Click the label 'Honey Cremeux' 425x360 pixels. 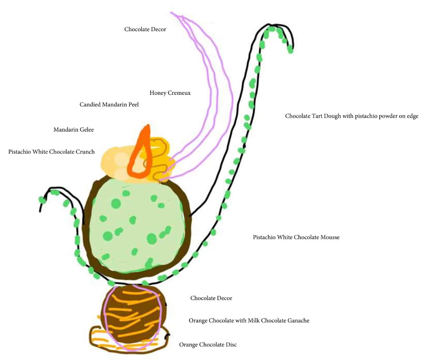(x=170, y=93)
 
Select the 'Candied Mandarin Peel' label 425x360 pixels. (x=109, y=104)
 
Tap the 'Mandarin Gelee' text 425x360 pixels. (x=73, y=130)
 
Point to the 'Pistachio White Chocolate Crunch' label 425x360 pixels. (x=51, y=152)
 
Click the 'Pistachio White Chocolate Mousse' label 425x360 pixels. (x=296, y=237)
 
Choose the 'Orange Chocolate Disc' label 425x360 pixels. (x=208, y=345)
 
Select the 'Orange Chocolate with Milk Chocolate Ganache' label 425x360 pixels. (x=249, y=321)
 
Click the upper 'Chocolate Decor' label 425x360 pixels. (x=145, y=29)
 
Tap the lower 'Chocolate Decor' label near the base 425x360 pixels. (x=211, y=298)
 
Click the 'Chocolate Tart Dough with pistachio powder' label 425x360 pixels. (x=351, y=116)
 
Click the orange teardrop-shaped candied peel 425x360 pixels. (x=141, y=156)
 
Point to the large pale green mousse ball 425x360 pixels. (x=136, y=225)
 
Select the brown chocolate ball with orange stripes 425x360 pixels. (x=133, y=315)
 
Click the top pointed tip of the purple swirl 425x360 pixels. (x=172, y=13)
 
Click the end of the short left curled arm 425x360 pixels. (x=40, y=210)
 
